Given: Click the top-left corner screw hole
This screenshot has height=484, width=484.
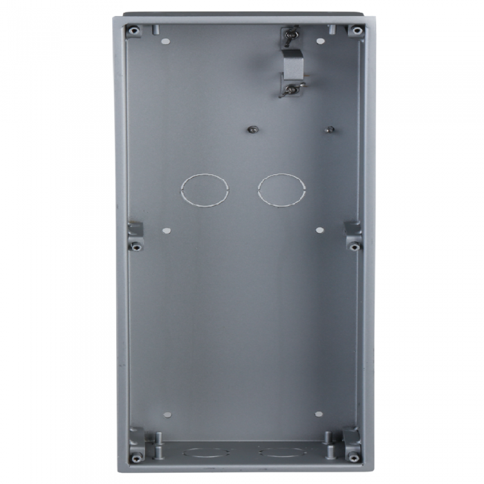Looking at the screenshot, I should point(133,31).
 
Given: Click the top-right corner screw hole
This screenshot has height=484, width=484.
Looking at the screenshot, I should point(355,31).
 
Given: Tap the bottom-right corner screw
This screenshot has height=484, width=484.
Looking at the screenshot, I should point(353,456).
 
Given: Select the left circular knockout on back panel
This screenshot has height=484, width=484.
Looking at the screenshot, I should point(204,189).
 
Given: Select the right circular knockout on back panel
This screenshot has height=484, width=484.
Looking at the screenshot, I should point(281,189).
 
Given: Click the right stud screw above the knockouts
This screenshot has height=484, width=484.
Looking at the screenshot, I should point(331,129).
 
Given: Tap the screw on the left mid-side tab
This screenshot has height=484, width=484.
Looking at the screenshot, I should point(136,245).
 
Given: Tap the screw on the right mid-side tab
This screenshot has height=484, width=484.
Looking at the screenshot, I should point(353,245).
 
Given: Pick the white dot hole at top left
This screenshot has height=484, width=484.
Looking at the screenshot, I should point(165,41).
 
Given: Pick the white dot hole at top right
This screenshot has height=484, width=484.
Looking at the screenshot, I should point(319,41).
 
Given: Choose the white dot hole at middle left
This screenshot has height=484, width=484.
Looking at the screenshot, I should point(166,230).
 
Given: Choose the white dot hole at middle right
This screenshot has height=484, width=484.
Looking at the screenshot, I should point(319,230).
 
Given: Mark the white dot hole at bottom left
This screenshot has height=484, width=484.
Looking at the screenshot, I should point(167,415).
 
